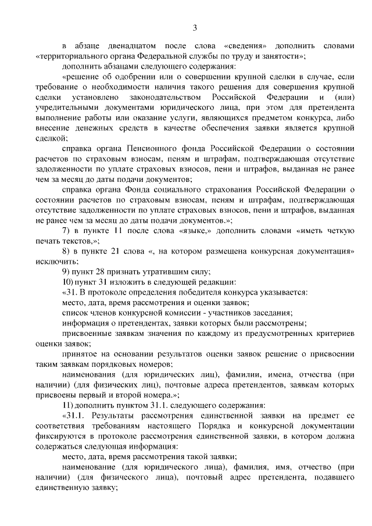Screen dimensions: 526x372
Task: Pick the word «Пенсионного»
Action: (x=151, y=149)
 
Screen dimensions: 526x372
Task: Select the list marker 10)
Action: (x=69, y=282)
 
